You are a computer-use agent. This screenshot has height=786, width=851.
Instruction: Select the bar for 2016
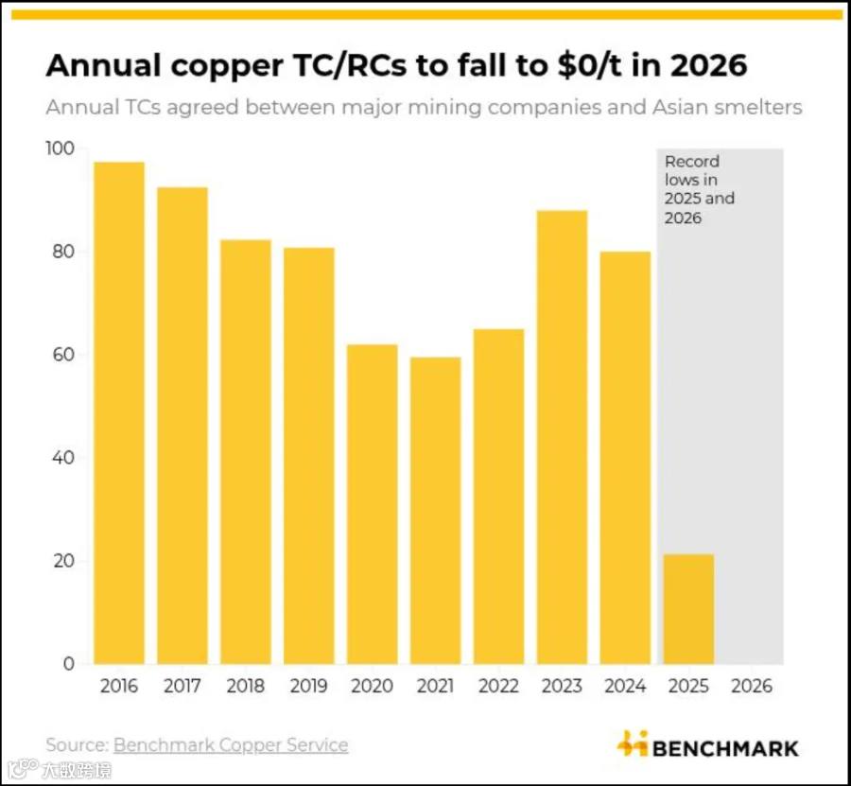119,412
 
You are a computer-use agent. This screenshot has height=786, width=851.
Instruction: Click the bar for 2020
373,504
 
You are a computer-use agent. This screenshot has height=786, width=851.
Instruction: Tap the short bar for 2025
688,609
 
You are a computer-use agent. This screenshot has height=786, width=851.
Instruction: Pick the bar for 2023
563,437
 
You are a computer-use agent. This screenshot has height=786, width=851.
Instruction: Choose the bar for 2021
436,510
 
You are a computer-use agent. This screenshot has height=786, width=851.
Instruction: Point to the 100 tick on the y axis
60,148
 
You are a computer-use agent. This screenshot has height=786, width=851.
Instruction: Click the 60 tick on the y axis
63,355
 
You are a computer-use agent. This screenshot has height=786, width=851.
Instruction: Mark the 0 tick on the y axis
69,663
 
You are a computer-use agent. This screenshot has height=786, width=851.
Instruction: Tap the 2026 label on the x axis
752,686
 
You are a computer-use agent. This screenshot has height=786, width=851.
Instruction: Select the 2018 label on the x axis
246,686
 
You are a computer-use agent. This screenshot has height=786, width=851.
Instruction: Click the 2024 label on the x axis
625,686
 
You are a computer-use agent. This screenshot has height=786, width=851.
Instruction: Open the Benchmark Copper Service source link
231,744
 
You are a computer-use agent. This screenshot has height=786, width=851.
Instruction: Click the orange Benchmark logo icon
633,743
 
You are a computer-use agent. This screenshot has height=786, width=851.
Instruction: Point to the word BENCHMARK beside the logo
725,748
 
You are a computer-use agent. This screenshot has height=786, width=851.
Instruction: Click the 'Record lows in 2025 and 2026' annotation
700,189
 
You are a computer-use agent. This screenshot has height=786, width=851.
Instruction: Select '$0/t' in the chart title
589,65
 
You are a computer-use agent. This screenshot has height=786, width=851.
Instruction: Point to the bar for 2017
182,426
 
